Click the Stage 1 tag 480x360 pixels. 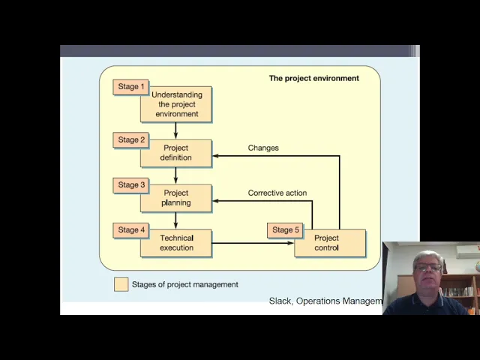point(132,86)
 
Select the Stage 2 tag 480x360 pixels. point(132,139)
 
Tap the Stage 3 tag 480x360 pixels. point(132,184)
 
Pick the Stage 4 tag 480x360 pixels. point(132,229)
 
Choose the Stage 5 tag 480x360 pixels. point(286,229)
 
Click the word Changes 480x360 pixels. point(263,148)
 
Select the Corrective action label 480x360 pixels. point(277,193)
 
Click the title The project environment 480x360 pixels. point(313,78)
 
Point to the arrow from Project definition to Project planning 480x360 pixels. point(175,175)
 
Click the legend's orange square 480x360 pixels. point(121,284)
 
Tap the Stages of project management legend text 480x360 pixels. point(184,284)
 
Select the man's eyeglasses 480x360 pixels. point(428,268)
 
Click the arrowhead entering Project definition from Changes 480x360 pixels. point(216,156)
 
